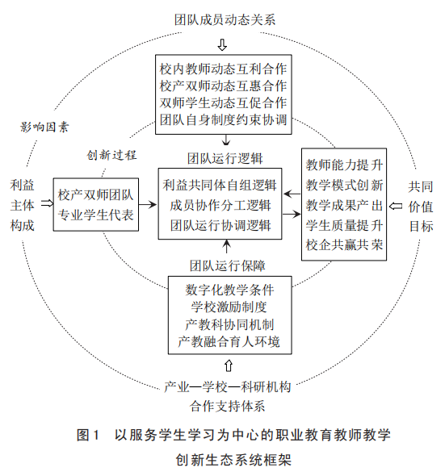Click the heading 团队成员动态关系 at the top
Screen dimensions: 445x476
pyautogui.click(x=225, y=19)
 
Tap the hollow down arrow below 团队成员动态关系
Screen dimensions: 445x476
pyautogui.click(x=223, y=44)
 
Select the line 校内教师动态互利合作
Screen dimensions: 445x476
pyautogui.click(x=224, y=69)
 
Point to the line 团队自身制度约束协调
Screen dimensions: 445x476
pyautogui.click(x=224, y=119)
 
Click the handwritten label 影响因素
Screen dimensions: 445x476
pyautogui.click(x=44, y=127)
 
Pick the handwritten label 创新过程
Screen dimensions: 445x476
pyautogui.click(x=112, y=155)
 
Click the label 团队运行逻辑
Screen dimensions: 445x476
pyautogui.click(x=225, y=158)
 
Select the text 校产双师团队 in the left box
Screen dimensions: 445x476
pyautogui.click(x=96, y=195)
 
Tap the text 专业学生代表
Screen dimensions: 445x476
pyautogui.click(x=96, y=215)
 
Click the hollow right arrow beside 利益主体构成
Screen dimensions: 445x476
pyautogui.click(x=47, y=203)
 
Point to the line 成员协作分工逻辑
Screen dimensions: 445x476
pyautogui.click(x=220, y=205)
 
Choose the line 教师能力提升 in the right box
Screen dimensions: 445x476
pyautogui.click(x=344, y=165)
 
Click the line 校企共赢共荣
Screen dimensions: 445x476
pyautogui.click(x=344, y=244)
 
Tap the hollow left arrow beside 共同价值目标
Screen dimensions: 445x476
pyautogui.click(x=396, y=206)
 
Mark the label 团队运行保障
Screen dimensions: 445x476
pyautogui.click(x=228, y=265)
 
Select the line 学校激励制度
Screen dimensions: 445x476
pyautogui.click(x=229, y=307)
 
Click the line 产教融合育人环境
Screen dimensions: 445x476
pyautogui.click(x=229, y=341)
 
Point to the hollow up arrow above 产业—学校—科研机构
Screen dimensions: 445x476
pyautogui.click(x=229, y=365)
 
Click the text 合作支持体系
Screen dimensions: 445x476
pyautogui.click(x=228, y=406)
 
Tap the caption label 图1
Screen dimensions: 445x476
pyautogui.click(x=88, y=435)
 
